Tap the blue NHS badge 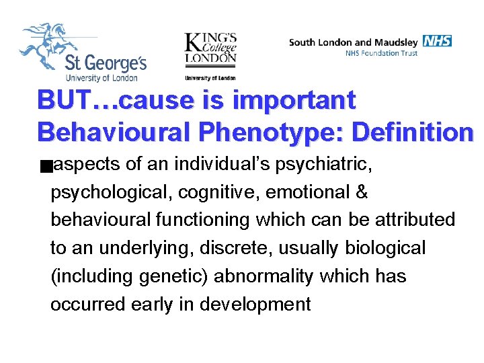(x=438, y=41)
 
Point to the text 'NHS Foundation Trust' (x=381, y=53)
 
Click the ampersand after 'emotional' (x=360, y=192)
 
